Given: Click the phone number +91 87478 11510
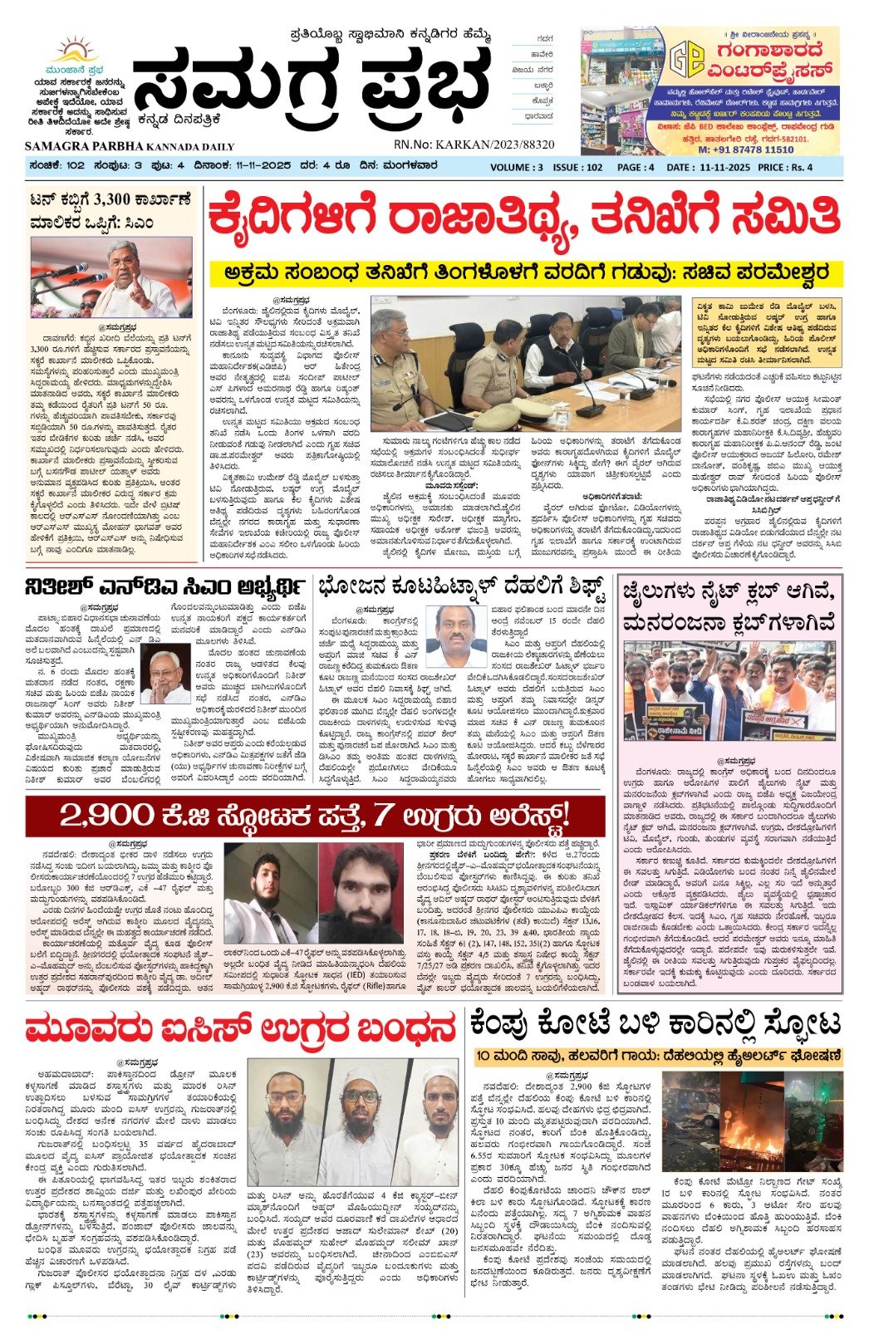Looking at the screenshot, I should point(745,150).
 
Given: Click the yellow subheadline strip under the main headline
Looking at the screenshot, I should point(523,272).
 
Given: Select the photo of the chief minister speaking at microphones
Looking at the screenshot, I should point(111,278).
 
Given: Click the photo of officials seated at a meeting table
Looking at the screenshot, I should point(526,363).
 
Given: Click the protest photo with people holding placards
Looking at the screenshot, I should point(729,691).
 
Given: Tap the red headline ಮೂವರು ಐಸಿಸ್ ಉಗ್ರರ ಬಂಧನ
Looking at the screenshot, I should point(241,1029).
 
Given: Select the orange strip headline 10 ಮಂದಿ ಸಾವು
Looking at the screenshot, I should point(659,1057).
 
